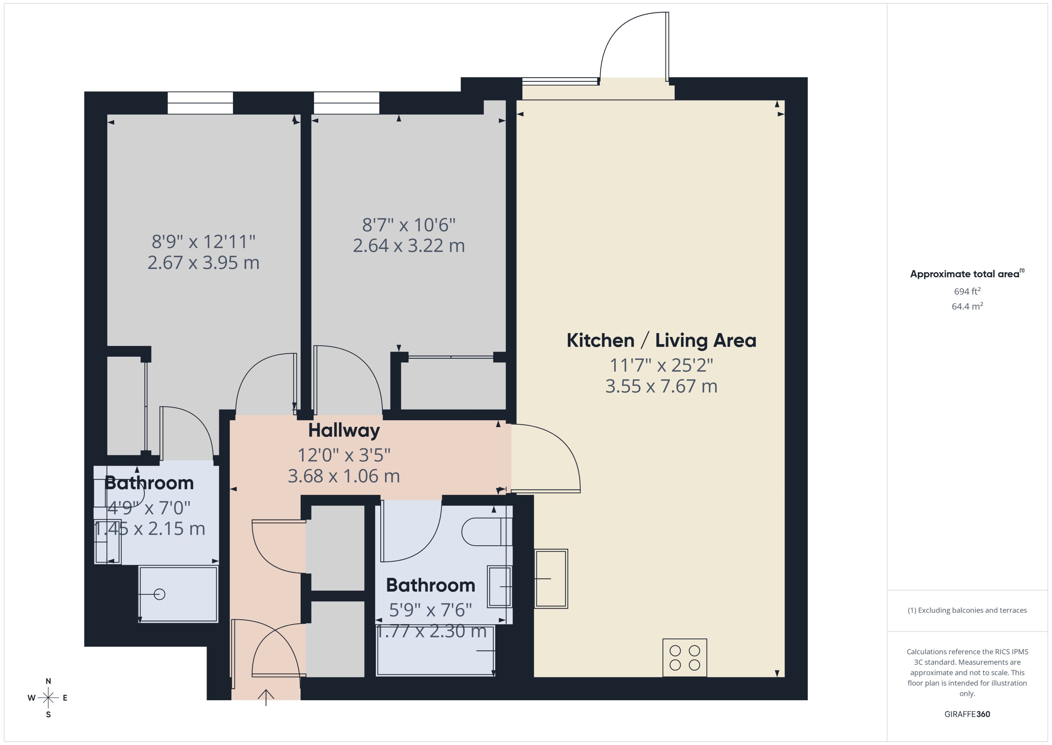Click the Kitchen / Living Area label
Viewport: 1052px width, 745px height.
click(x=661, y=340)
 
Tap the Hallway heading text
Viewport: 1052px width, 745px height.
click(x=344, y=430)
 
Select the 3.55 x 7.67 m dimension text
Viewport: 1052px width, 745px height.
click(x=661, y=386)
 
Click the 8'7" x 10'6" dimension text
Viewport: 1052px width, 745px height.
click(x=408, y=225)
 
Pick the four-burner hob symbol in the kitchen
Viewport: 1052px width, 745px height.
click(x=684, y=657)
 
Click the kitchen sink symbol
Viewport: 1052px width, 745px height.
click(x=551, y=578)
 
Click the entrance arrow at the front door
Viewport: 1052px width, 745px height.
click(x=266, y=696)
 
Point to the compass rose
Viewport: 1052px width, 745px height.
click(x=48, y=698)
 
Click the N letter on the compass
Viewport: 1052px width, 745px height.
click(x=48, y=681)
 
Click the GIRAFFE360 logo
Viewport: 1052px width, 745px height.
click(x=967, y=714)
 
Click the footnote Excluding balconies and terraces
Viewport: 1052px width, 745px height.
click(x=967, y=610)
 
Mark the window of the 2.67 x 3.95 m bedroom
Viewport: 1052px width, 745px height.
click(x=200, y=103)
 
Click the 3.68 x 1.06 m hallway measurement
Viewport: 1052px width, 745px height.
click(x=344, y=476)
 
